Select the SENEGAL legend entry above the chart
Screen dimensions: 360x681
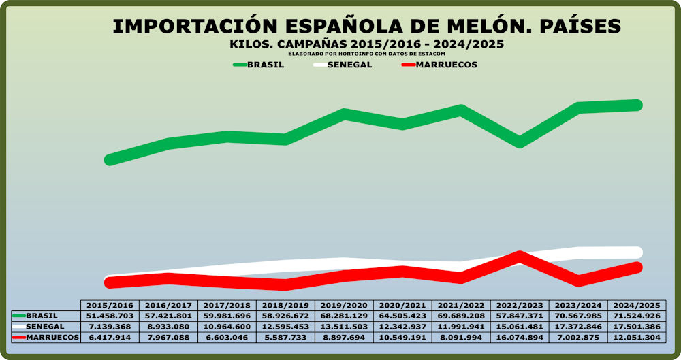[x=349, y=65]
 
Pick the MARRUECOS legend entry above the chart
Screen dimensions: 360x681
[x=447, y=65]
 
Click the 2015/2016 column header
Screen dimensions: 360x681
[x=110, y=306]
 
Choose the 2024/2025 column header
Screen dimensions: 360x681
[x=636, y=306]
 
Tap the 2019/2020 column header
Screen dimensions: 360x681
[x=344, y=306]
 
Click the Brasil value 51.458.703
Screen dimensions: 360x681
[x=110, y=316]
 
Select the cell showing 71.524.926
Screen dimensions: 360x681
[x=636, y=316]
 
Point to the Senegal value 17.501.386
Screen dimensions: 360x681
[x=636, y=327]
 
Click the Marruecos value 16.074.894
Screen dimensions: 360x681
[x=520, y=338]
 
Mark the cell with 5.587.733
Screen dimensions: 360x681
[x=285, y=338]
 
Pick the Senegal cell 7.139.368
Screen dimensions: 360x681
[x=110, y=327]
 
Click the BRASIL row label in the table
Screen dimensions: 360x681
[x=42, y=316]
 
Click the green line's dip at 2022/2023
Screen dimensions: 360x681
[x=520, y=142]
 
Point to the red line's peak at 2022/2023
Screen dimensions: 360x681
[x=520, y=257]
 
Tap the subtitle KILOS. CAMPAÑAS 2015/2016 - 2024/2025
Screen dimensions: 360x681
[x=367, y=44]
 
